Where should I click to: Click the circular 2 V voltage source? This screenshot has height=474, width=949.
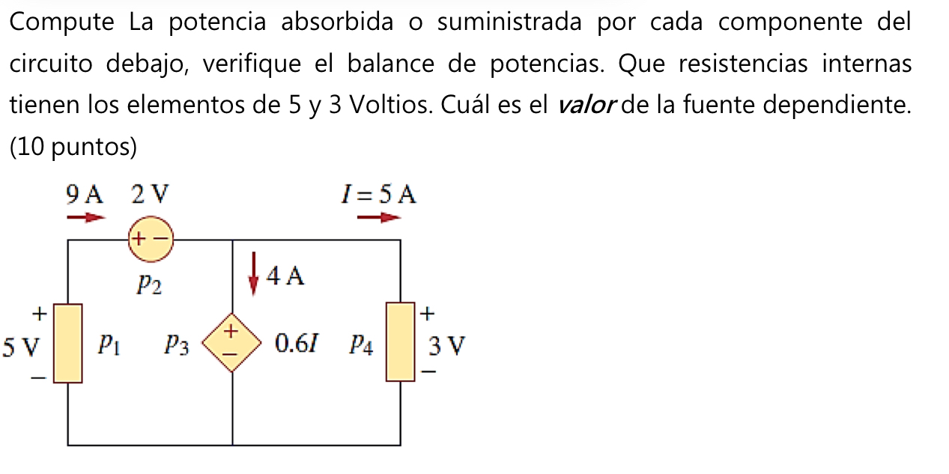[150, 240]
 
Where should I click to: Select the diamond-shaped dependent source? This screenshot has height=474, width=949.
[232, 342]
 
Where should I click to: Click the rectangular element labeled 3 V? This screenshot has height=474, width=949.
[400, 341]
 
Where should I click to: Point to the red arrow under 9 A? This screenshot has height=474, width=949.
[86, 218]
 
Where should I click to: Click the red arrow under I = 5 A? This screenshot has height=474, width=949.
[379, 218]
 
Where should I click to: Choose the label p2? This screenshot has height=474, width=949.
[149, 285]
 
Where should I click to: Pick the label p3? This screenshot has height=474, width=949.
[178, 344]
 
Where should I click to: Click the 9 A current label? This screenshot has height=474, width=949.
[84, 195]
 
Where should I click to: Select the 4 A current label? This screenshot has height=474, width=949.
[286, 277]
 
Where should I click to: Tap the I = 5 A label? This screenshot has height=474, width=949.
[378, 195]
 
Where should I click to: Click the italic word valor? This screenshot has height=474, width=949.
[586, 106]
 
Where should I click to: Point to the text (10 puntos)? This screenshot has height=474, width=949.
[73, 148]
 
